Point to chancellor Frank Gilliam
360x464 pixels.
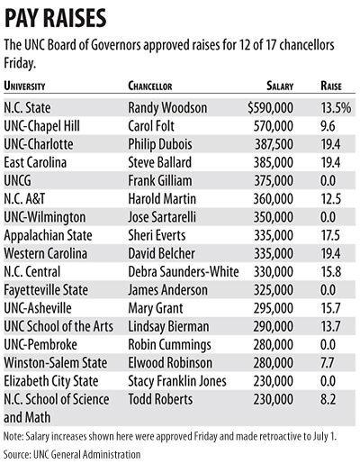[x=162, y=177]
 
